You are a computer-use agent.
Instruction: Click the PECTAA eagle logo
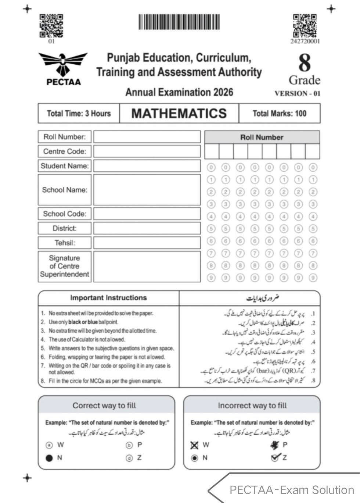[63, 68]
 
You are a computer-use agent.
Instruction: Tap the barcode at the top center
[179, 22]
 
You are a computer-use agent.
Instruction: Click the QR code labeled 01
[51, 26]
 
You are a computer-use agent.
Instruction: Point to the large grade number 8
[304, 63]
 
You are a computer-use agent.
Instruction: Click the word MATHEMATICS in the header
[179, 113]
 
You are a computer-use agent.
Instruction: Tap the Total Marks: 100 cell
[279, 113]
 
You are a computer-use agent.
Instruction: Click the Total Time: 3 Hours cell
[79, 113]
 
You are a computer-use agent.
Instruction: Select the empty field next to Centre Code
[147, 151]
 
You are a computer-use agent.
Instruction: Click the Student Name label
[65, 166]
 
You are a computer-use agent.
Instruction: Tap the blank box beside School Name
[147, 190]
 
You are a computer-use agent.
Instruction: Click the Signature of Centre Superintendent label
[65, 266]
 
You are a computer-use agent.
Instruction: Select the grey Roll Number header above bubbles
[262, 138]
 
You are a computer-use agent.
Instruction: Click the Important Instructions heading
[108, 298]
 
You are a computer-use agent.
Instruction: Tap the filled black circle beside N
[49, 458]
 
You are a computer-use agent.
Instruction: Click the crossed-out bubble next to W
[194, 445]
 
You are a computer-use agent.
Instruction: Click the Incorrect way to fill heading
[252, 406]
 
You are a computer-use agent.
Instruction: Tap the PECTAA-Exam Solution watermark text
[292, 490]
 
